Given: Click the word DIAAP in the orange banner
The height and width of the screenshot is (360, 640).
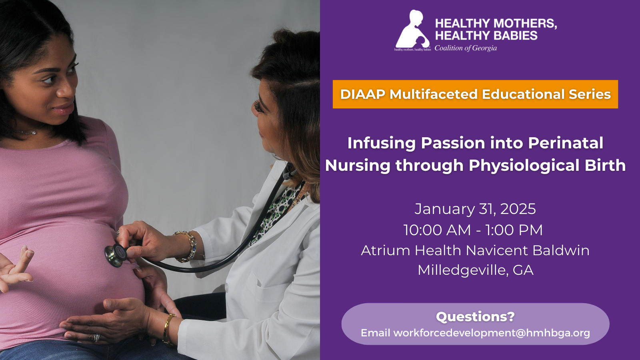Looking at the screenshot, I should click(x=362, y=94).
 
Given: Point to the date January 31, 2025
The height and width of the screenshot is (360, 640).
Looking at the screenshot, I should click(x=475, y=209).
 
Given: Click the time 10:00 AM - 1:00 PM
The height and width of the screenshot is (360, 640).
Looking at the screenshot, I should click(x=473, y=230).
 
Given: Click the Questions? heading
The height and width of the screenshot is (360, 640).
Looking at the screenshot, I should click(x=475, y=317).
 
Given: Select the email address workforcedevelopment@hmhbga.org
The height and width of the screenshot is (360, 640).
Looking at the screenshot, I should click(x=492, y=333).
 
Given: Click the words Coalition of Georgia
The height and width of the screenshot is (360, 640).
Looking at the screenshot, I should click(x=466, y=48).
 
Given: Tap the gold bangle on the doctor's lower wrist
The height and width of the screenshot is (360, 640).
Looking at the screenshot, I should click(x=168, y=328).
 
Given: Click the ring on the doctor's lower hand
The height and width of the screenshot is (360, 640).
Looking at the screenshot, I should click(x=96, y=338).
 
